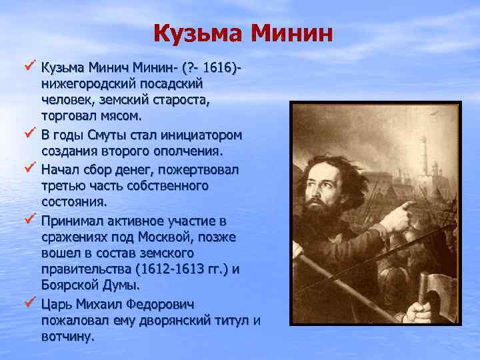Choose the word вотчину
[x=67, y=337]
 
